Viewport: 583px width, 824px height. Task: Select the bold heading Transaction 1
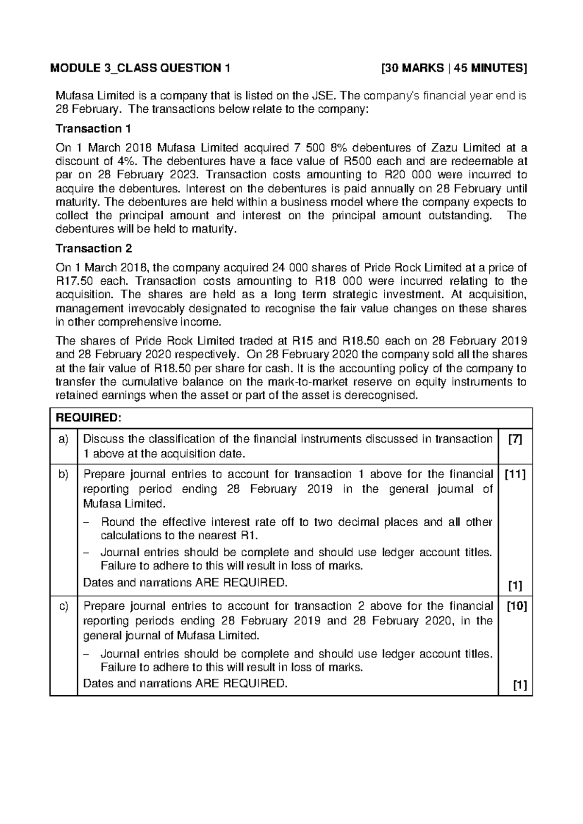(93, 129)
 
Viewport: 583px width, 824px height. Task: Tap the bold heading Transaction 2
(94, 248)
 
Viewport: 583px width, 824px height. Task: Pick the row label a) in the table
(63, 439)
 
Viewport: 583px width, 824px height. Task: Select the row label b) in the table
(63, 474)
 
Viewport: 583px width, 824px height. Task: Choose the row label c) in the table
(63, 606)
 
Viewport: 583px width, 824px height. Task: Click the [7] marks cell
(515, 439)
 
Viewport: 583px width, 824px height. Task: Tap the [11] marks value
(515, 474)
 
